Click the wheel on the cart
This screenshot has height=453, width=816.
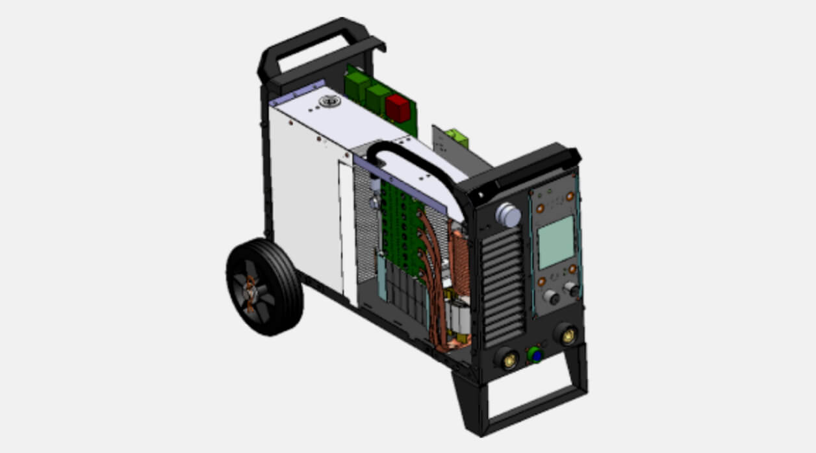pyautogui.click(x=264, y=287)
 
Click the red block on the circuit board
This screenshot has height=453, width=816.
pyautogui.click(x=398, y=108)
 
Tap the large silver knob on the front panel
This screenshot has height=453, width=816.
pyautogui.click(x=507, y=215)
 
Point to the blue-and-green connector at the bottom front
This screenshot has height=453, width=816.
pyautogui.click(x=535, y=354)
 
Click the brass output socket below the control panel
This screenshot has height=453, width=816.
pyautogui.click(x=567, y=336)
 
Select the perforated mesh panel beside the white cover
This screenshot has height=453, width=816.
pyautogui.click(x=366, y=227)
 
